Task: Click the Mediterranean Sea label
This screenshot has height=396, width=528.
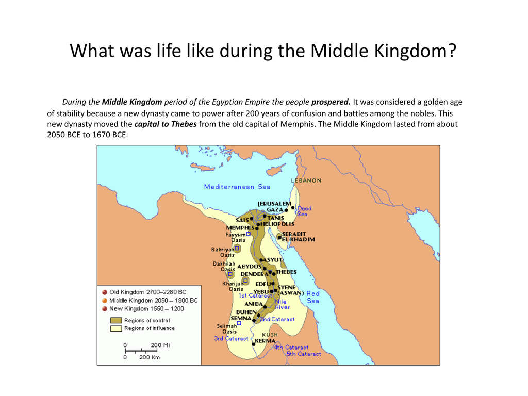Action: [x=237, y=187]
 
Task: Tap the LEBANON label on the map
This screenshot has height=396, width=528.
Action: [x=306, y=180]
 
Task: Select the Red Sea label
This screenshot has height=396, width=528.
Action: [x=313, y=297]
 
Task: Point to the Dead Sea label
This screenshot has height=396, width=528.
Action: [x=304, y=211]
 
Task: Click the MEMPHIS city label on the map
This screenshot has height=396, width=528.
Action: [x=240, y=228]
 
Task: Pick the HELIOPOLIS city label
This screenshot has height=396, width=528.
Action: [x=277, y=224]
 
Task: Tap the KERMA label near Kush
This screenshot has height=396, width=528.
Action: [x=265, y=341]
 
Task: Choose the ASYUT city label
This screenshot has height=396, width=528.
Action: [x=273, y=260]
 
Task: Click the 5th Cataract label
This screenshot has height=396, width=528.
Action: [x=304, y=354]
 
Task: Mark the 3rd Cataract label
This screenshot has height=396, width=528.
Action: [x=231, y=338]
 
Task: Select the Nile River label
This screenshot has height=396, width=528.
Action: [x=282, y=304]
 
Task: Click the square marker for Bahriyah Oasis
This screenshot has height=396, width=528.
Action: [x=237, y=248]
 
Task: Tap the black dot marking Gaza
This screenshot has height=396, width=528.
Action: [x=286, y=210]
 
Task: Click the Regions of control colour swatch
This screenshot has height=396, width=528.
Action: [x=116, y=320]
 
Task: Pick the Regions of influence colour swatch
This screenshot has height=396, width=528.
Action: [x=116, y=328]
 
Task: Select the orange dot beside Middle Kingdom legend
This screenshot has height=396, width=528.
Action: [x=105, y=301]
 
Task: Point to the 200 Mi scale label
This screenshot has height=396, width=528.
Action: [x=160, y=345]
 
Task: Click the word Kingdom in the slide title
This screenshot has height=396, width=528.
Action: [x=416, y=51]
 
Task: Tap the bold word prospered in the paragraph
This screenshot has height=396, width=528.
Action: [x=331, y=102]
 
